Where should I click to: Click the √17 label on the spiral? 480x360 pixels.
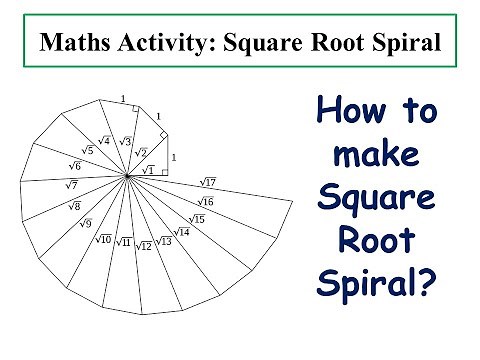pyautogui.click(x=208, y=182)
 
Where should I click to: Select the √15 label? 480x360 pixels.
pyautogui.click(x=197, y=219)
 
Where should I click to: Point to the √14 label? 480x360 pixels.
pyautogui.click(x=182, y=232)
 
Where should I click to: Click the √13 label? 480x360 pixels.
pyautogui.click(x=165, y=241)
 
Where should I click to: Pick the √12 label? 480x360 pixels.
pyautogui.click(x=144, y=245)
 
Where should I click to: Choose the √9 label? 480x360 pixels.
pyautogui.click(x=86, y=223)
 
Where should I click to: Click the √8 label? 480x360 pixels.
pyautogui.click(x=74, y=206)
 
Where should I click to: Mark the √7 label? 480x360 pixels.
pyautogui.click(x=71, y=185)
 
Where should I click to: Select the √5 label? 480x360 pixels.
pyautogui.click(x=88, y=150)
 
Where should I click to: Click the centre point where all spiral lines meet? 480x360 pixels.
pyautogui.click(x=127, y=177)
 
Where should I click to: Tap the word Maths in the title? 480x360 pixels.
pyautogui.click(x=68, y=43)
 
